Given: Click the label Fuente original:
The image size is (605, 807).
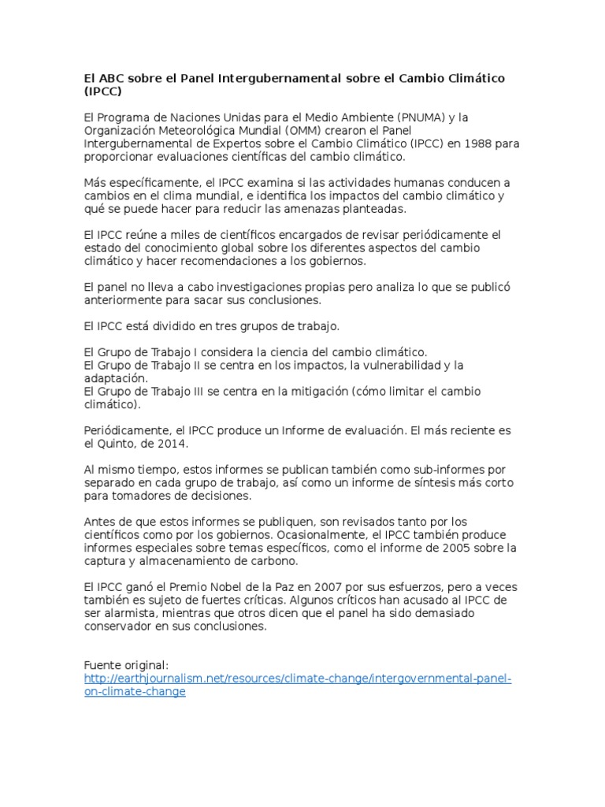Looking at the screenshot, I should [x=126, y=664].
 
